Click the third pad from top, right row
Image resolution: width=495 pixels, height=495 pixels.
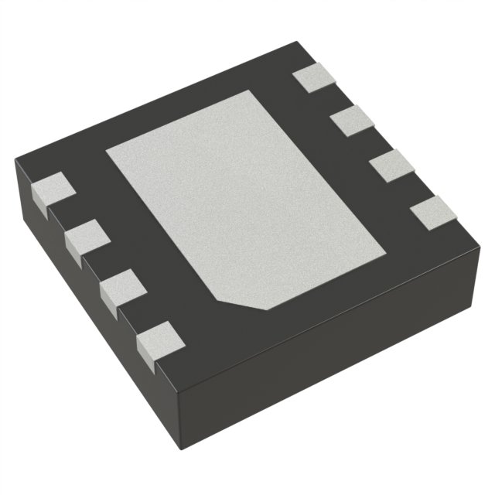[391, 166]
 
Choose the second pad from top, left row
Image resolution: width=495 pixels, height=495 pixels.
[86, 235]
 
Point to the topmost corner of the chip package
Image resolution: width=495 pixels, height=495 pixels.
[298, 43]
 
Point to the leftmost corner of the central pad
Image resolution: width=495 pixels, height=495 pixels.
[107, 148]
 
